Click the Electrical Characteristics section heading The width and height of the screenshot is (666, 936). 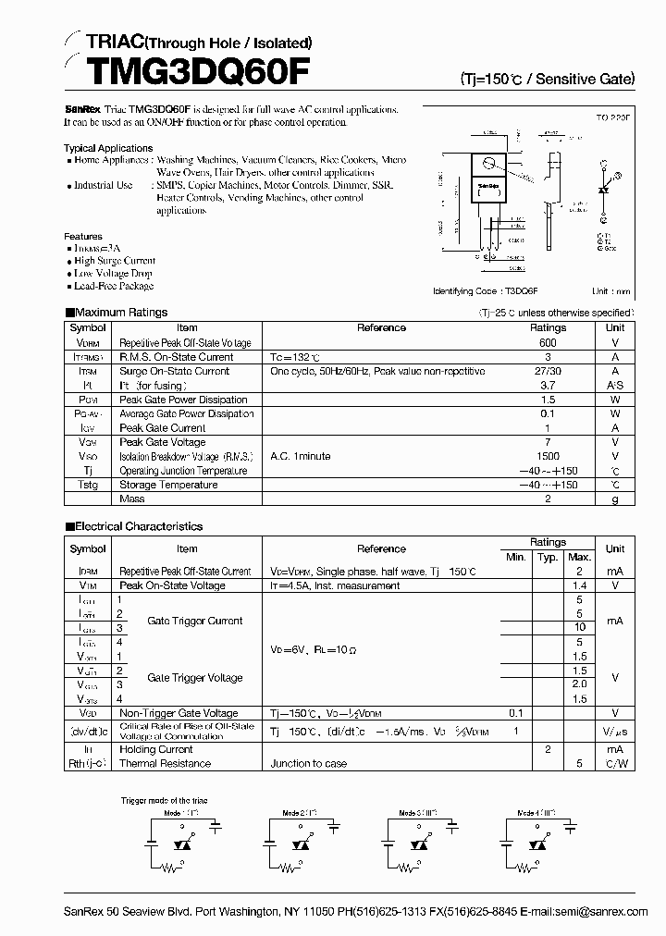tap(138, 526)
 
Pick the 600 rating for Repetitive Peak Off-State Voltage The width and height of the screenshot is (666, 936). tap(548, 342)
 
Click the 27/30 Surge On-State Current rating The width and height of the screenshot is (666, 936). tap(548, 371)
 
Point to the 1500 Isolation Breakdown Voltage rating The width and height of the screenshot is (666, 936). tap(548, 456)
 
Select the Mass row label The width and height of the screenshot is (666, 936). tap(132, 499)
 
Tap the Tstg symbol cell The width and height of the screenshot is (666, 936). tap(87, 485)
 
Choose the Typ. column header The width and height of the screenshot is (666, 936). tap(548, 557)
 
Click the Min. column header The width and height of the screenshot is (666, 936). tap(515, 557)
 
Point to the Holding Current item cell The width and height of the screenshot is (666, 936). tap(155, 749)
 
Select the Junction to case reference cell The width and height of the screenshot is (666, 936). tap(309, 764)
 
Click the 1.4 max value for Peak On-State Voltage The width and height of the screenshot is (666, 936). tap(579, 585)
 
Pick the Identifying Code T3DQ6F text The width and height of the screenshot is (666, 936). tap(486, 291)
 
